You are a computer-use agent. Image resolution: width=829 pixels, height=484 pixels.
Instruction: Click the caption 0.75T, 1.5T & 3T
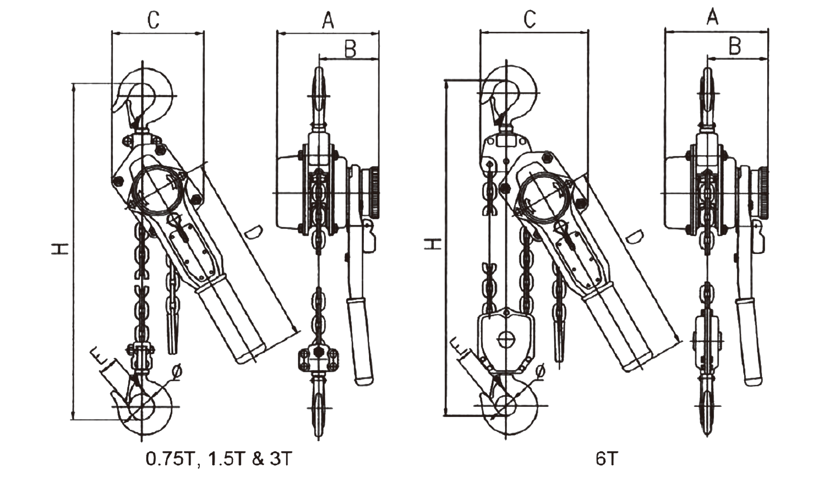tap(218, 458)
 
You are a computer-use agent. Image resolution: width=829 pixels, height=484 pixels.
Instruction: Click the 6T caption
tap(606, 458)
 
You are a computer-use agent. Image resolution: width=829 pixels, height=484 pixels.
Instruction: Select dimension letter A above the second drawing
tap(328, 20)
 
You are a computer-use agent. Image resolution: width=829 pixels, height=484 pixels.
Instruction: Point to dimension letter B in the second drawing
tap(350, 49)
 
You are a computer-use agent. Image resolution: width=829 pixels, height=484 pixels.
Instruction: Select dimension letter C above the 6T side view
tap(530, 19)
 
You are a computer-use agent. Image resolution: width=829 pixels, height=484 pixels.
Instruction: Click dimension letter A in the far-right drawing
tap(712, 18)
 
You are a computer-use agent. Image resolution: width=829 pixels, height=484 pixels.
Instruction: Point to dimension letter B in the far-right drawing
tap(734, 47)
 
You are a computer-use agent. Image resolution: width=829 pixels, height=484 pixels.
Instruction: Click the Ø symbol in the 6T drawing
tap(540, 370)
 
